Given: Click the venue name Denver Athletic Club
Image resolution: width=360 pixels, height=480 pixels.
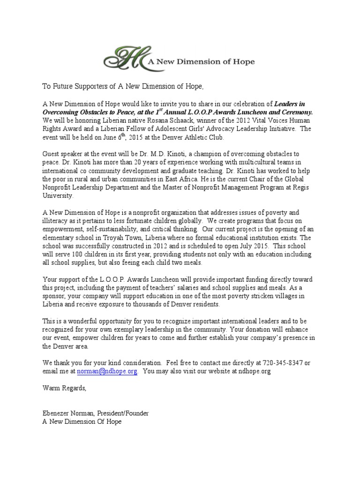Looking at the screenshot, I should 187,137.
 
